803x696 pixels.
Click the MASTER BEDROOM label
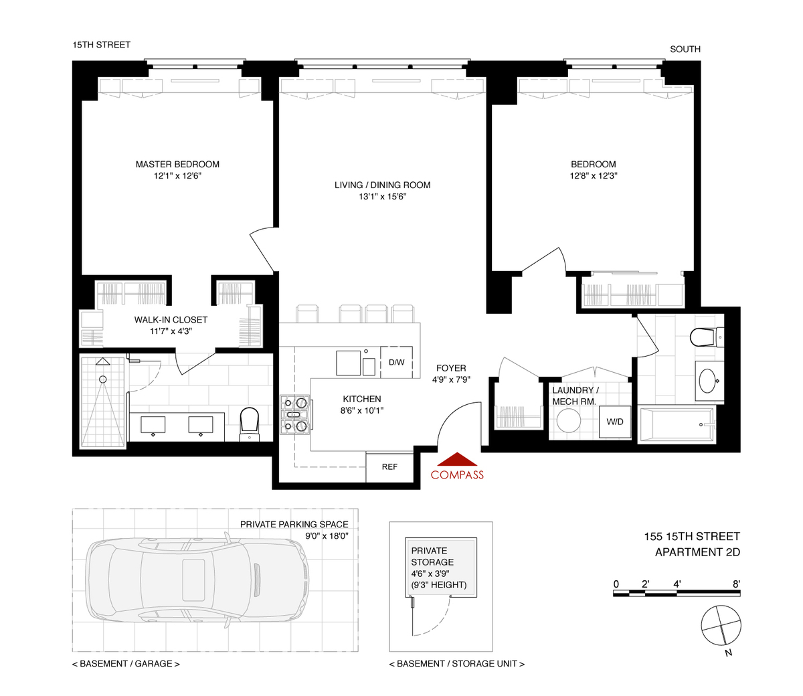coord(177,164)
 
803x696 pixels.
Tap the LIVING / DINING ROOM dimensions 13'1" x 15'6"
coord(382,197)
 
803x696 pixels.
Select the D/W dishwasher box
coord(396,363)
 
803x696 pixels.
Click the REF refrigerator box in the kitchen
coord(389,467)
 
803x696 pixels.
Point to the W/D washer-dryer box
coord(614,422)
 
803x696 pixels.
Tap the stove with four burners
coord(295,414)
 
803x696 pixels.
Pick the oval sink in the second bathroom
coord(708,381)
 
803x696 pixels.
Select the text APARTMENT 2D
coord(697,552)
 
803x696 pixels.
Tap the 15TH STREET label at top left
coord(102,45)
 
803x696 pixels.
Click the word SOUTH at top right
coord(685,49)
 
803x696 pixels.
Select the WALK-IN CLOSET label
coord(171,320)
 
